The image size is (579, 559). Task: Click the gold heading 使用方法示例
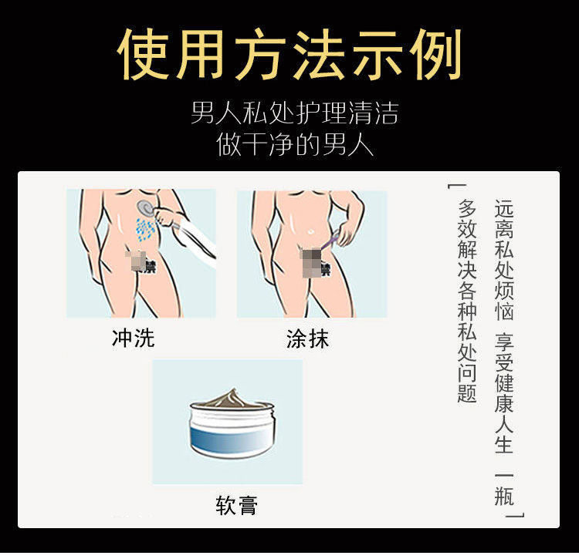[x=289, y=55]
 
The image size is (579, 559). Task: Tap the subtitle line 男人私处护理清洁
[x=295, y=113]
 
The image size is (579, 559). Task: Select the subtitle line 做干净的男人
[x=295, y=144]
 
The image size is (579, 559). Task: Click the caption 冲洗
[x=133, y=338]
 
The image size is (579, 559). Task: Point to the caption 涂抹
[x=307, y=338]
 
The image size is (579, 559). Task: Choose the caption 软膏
[x=237, y=505]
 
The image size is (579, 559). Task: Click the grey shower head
[x=145, y=207]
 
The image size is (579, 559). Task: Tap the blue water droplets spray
[x=145, y=229]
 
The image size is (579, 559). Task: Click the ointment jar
[x=232, y=424]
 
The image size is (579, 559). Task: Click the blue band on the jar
[x=232, y=438]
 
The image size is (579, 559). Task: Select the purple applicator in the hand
[x=330, y=241]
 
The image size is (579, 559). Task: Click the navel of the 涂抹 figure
[x=310, y=232]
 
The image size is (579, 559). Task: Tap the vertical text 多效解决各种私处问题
[x=467, y=301]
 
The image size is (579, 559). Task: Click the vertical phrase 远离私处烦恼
[x=504, y=260]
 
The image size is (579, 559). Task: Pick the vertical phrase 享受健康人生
[x=504, y=393]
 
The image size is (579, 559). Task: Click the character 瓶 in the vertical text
[x=504, y=496]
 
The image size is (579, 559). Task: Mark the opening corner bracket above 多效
[x=452, y=186]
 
